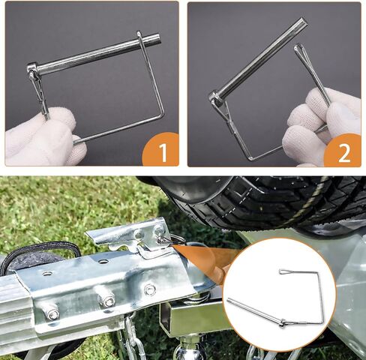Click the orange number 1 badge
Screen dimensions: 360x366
tap(162, 152)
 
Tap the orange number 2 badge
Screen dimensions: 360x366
tap(344, 152)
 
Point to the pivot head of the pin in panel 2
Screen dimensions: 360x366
tap(216, 97)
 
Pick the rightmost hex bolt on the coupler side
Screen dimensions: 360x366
tap(150, 289)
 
